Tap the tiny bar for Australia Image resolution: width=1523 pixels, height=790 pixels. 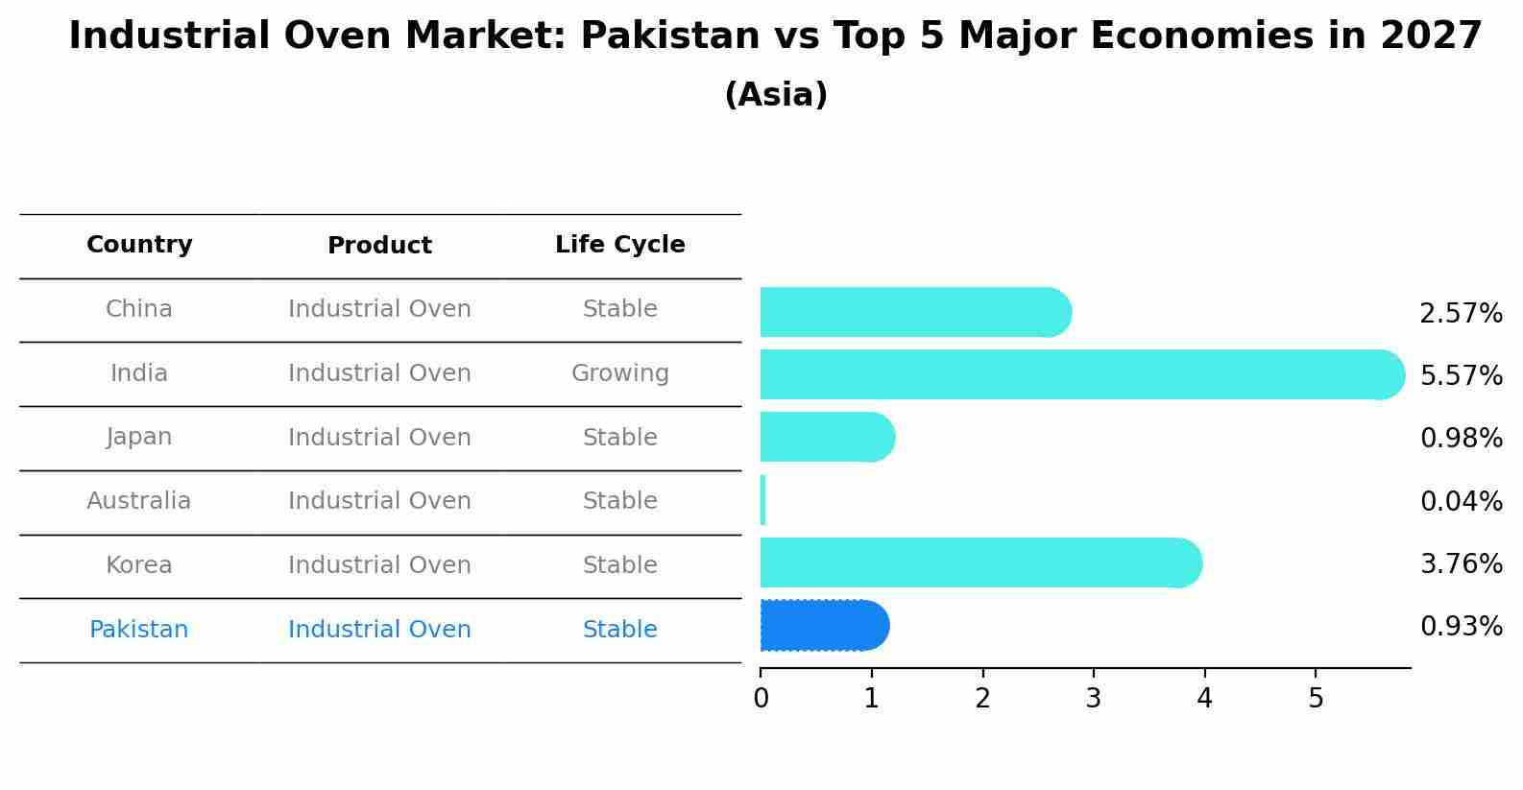pyautogui.click(x=763, y=500)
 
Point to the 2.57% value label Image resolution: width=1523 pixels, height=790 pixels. pyautogui.click(x=1461, y=314)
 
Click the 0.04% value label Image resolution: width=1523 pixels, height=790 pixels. pyautogui.click(x=1461, y=501)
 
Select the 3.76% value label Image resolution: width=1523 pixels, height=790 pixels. pyautogui.click(x=1461, y=563)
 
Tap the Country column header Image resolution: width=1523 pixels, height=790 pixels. pyautogui.click(x=139, y=245)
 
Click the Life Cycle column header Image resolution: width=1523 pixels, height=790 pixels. pyautogui.click(x=619, y=245)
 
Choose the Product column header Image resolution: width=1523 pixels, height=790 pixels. pyautogui.click(x=379, y=246)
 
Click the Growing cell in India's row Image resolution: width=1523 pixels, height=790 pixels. pyautogui.click(x=619, y=373)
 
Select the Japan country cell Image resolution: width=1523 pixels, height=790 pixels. pyautogui.click(x=139, y=437)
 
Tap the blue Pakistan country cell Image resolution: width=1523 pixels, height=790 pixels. pyautogui.click(x=139, y=630)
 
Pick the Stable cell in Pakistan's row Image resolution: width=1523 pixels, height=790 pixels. pyautogui.click(x=619, y=630)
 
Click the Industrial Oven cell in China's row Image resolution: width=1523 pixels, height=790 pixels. pyautogui.click(x=379, y=309)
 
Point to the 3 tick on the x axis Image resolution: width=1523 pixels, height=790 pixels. pyautogui.click(x=1094, y=698)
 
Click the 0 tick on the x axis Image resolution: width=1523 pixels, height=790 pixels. pyautogui.click(x=761, y=698)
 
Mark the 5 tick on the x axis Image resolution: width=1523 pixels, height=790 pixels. pyautogui.click(x=1316, y=698)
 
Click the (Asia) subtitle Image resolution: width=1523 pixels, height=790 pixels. pyautogui.click(x=776, y=95)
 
